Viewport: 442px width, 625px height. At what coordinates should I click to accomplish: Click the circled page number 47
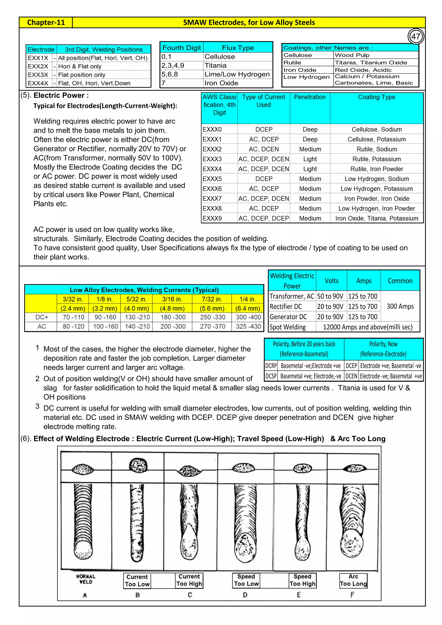point(416,36)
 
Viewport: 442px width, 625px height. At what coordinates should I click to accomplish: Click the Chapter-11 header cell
point(46,22)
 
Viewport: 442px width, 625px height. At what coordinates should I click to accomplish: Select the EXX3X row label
point(38,75)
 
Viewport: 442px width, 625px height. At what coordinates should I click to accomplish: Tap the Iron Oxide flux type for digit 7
point(221,83)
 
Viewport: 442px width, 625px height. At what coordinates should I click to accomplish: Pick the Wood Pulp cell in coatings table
point(352,55)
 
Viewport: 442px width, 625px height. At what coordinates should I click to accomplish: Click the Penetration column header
point(310,97)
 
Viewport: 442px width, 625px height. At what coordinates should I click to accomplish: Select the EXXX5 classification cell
point(212,179)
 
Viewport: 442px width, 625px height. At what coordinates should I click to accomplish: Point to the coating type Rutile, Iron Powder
point(377,169)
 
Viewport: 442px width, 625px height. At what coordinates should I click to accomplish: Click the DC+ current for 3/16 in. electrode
point(173,317)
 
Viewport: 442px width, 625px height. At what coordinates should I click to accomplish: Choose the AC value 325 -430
point(248,326)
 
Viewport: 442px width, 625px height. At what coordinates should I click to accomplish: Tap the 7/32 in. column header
point(212,299)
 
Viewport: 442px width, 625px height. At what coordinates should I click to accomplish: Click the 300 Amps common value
point(400,306)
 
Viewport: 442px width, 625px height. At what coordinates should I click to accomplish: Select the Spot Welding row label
point(288,327)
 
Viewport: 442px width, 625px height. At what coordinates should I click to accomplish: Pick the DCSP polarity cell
point(271,376)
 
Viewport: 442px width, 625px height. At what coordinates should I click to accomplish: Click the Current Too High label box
point(189,580)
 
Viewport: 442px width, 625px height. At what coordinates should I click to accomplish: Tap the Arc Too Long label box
point(353,580)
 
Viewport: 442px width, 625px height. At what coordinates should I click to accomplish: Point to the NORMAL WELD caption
point(86,579)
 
